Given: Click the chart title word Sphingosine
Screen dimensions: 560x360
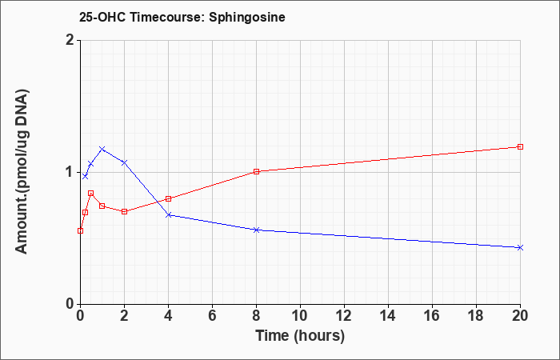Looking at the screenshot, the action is (246, 18).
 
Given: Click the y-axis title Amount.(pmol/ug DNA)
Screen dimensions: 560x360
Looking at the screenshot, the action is (22, 172).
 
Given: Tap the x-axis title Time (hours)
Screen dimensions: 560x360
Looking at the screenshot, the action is (300, 336).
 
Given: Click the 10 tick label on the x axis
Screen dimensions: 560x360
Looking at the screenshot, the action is (300, 316).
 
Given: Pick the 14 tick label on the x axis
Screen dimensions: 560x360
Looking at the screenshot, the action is (388, 316).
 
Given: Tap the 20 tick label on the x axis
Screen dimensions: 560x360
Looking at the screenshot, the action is (520, 316).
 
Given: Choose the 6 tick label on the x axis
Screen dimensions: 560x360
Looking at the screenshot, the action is (212, 316).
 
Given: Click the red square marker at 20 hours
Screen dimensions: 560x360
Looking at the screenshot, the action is (520, 146).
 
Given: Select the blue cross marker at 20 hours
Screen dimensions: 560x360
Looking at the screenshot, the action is (520, 247).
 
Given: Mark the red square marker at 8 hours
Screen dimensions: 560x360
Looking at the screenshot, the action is (257, 172).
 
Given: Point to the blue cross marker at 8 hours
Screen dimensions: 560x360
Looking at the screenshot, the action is (257, 230).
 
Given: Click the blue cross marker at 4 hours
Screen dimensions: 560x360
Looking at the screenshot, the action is (169, 215).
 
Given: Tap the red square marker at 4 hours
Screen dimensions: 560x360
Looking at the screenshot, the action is (169, 199).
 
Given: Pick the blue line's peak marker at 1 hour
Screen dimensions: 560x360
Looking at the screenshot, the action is (102, 149).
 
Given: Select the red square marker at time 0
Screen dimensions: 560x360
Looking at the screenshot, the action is (80, 230).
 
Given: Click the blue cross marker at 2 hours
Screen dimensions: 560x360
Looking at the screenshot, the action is (124, 162).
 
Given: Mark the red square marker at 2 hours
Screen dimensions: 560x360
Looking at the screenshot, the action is (124, 212).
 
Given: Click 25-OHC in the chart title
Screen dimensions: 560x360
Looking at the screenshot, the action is (102, 18).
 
